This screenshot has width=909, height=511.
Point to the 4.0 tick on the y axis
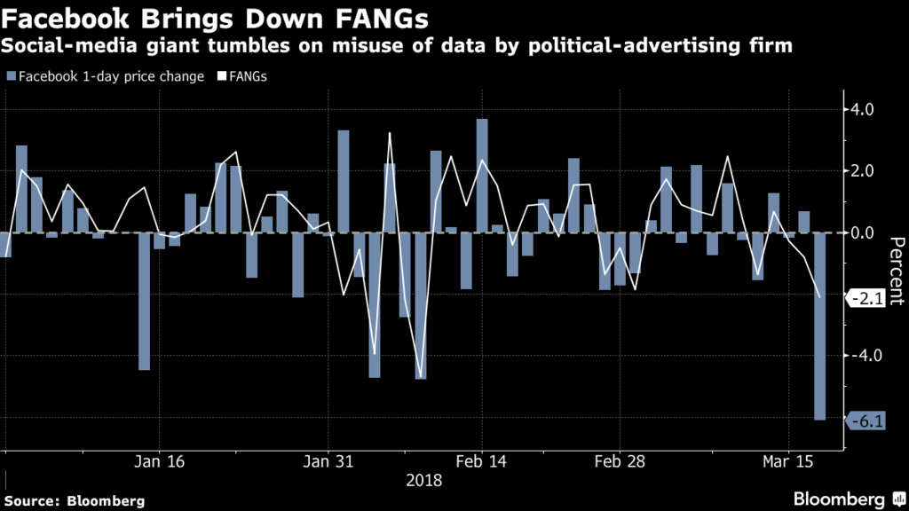coord(863,110)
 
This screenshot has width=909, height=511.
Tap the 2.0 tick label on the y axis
coord(863,171)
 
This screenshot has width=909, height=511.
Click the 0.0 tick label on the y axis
coord(863,232)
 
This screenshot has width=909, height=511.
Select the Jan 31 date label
coord(328,462)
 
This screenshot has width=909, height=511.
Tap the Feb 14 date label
coord(482,462)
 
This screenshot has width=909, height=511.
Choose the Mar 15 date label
coord(789,462)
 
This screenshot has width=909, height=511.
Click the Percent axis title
coord(896,271)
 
